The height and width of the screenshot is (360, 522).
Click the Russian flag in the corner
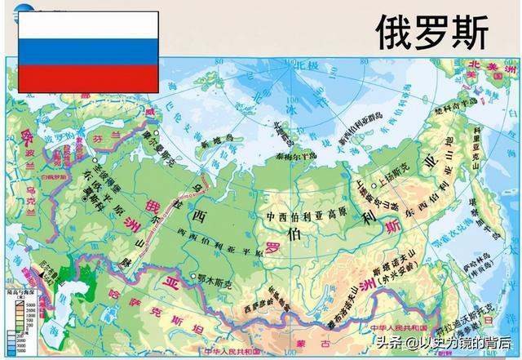coord(89,51)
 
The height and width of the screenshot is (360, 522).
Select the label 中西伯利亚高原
coord(301,217)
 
